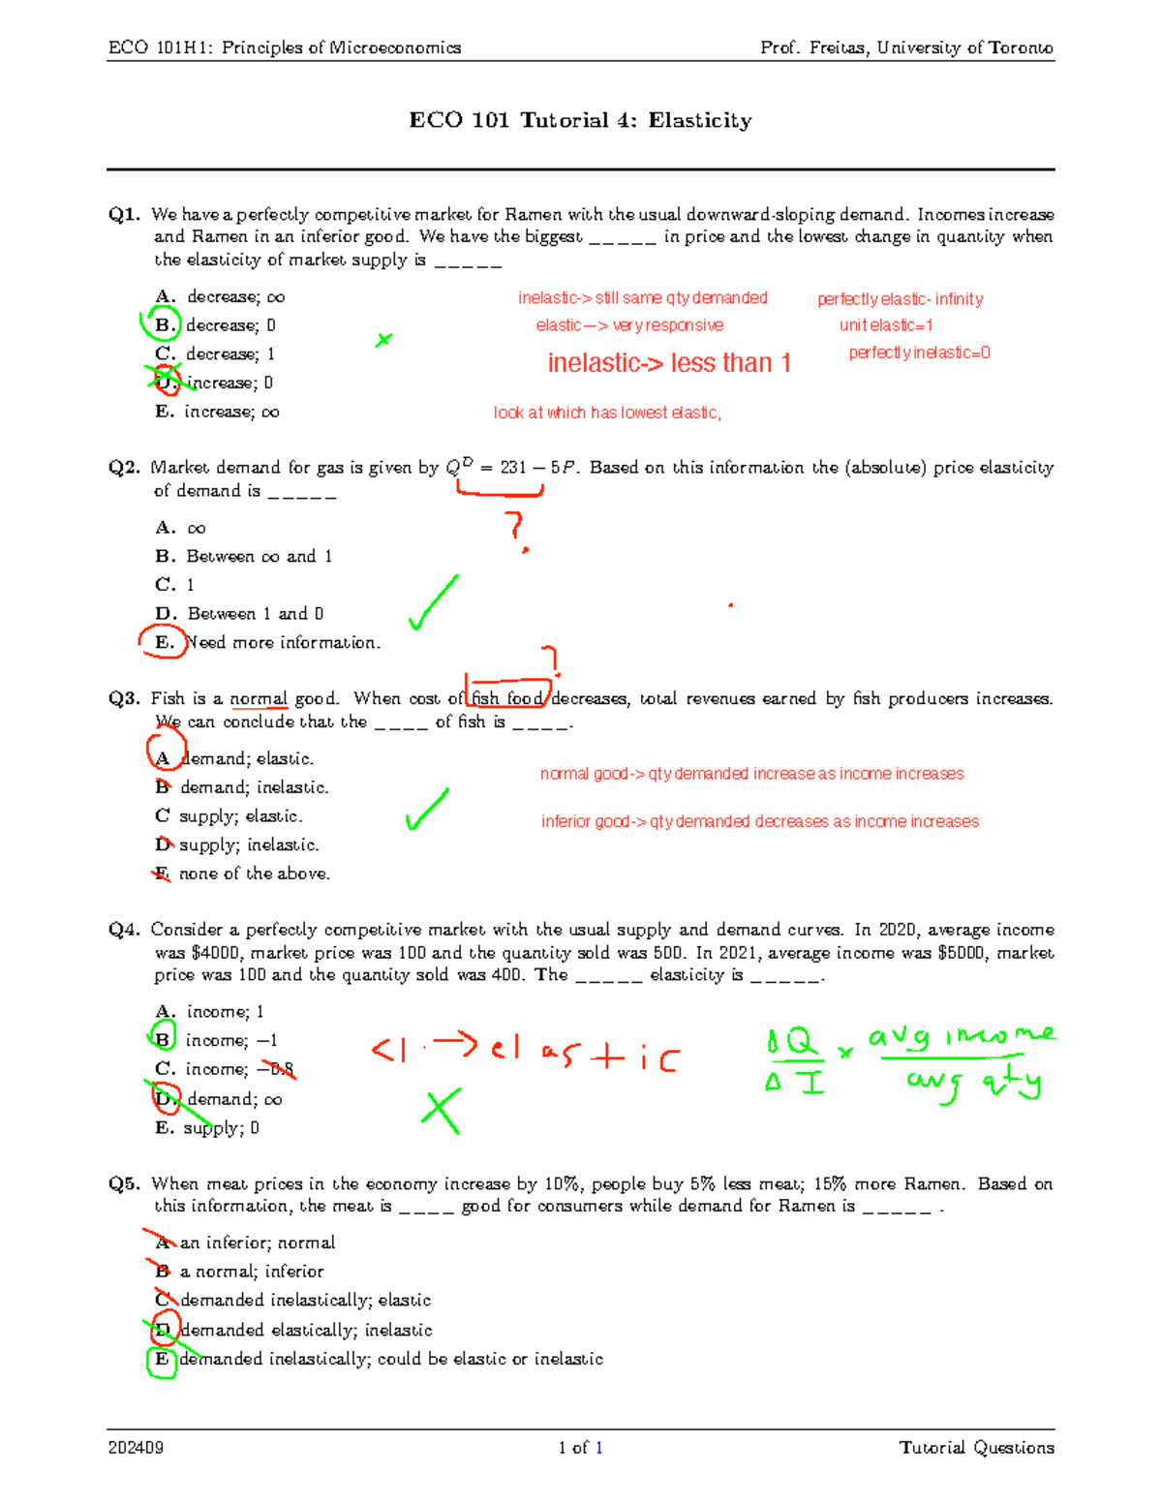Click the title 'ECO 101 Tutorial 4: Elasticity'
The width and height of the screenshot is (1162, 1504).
coord(580,120)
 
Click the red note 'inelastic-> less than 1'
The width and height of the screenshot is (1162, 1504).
coord(669,363)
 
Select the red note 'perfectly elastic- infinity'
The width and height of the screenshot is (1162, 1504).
coord(900,299)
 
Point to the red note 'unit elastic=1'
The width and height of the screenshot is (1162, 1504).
coord(885,325)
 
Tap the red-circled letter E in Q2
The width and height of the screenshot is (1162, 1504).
coord(164,642)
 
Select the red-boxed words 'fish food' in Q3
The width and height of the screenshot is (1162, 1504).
coord(507,698)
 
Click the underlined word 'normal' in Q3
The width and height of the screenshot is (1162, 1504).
coord(259,698)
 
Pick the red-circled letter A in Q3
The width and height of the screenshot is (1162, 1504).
coord(163,756)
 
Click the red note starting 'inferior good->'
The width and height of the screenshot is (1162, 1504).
coord(759,821)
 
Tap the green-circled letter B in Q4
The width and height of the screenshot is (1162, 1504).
coord(163,1038)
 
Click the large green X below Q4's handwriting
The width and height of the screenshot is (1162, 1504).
coord(441,1111)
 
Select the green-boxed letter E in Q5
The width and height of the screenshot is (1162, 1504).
coord(162,1360)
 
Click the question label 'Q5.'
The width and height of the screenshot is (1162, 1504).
coord(125,1183)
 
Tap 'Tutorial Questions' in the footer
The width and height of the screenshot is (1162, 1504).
coord(976,1448)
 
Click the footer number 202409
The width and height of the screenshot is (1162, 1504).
coord(136,1448)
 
